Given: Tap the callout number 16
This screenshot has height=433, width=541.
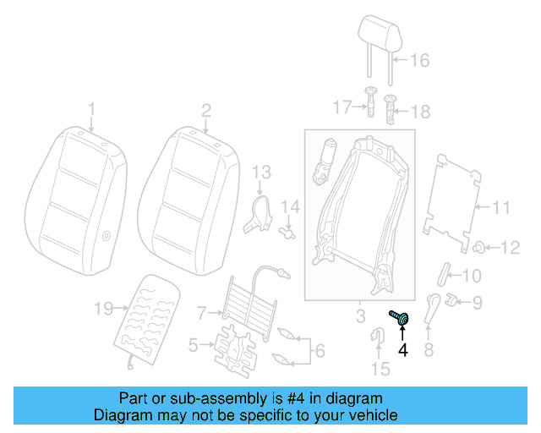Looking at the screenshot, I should coord(420,60).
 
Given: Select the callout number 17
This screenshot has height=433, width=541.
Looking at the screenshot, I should coord(342,107).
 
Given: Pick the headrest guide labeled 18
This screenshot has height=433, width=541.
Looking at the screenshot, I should coord(391,108).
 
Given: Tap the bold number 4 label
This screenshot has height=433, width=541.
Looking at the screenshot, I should coord(403,348).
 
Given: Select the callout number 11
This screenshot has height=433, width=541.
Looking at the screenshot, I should coord(502,206).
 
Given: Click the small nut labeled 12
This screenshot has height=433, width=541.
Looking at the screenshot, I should coord(479,247).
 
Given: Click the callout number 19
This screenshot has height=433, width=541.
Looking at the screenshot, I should coord(102,310).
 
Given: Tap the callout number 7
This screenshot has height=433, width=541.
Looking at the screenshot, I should coord(201,313).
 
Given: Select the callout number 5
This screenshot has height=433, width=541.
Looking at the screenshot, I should coord(193,344).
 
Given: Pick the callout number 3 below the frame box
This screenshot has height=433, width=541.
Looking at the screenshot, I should coord(359,317).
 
